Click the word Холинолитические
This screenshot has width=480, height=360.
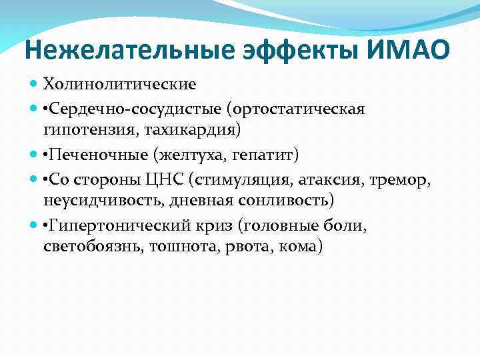pyautogui.click(x=120, y=85)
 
